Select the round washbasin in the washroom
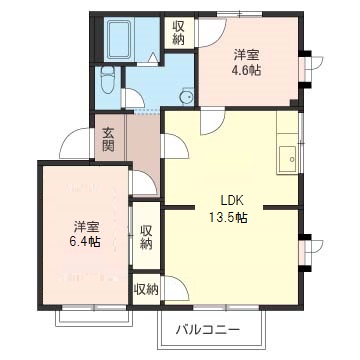point(185,96)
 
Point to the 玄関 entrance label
point(108,138)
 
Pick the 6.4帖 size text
point(85,241)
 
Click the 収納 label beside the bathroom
point(179,32)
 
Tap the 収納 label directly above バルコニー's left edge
point(146,289)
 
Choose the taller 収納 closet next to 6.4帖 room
point(146,237)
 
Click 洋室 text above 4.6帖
point(246,53)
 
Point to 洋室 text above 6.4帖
point(85,224)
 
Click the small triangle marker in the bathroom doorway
point(147,62)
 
